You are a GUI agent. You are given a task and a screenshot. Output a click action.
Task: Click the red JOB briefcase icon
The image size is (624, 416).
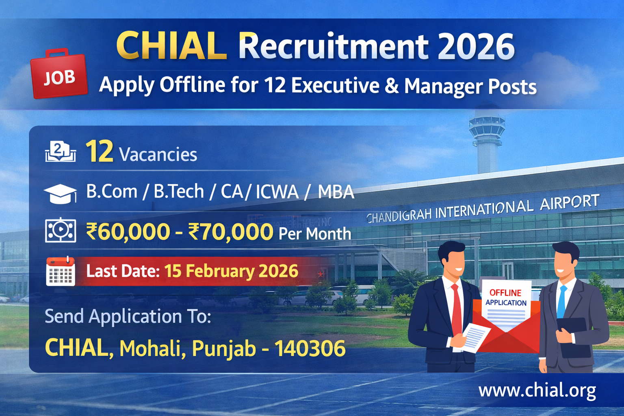[59, 74]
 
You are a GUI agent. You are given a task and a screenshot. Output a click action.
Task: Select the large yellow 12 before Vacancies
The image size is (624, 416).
[99, 152]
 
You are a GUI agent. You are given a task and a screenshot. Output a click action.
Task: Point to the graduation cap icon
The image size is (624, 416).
[60, 193]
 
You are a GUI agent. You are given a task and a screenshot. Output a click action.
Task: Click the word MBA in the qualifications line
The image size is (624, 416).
[336, 192]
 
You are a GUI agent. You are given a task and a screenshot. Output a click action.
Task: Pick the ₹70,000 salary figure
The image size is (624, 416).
[231, 232]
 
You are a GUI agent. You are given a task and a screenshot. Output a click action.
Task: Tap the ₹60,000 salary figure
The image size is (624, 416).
[128, 232]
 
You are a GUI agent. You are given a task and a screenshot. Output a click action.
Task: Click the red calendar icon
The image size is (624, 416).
[61, 271]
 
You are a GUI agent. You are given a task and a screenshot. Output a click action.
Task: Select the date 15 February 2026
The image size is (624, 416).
[231, 271]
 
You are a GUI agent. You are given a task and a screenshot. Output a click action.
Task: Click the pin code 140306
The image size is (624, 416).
[310, 348]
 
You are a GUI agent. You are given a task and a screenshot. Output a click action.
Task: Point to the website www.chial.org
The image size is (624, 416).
[537, 390]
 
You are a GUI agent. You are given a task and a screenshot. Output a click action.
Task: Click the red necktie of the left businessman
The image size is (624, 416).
[456, 309]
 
